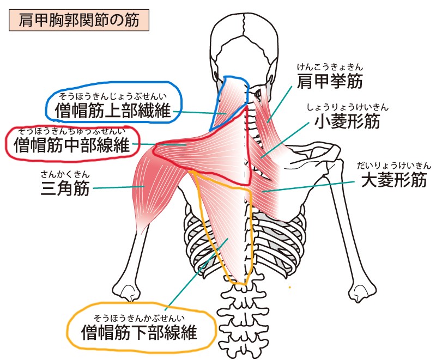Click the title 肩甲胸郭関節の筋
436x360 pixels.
[x=79, y=20]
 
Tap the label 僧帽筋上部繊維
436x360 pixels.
[x=113, y=110]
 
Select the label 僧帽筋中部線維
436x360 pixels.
[x=72, y=145]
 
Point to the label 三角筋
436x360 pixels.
[x=65, y=188]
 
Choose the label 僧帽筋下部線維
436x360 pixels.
[x=139, y=332]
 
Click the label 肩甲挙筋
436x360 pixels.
[x=330, y=81]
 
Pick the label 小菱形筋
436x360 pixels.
[x=347, y=121]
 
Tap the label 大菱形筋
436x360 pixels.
[x=394, y=180]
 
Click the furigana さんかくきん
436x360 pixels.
[x=65, y=174]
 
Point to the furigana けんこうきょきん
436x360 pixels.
[x=330, y=67]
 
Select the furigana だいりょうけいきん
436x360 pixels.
[x=394, y=166]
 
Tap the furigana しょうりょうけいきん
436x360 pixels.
[x=348, y=107]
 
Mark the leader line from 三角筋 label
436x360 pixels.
[x=119, y=187]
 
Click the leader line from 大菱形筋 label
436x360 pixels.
[x=308, y=187]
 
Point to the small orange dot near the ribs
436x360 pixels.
[x=290, y=287]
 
